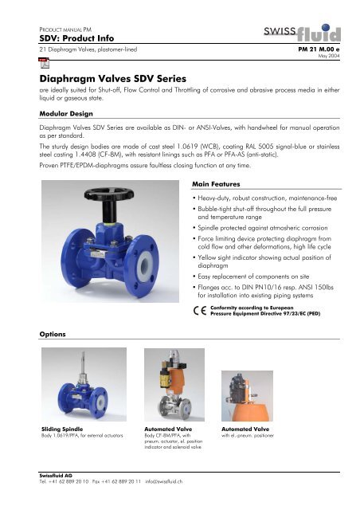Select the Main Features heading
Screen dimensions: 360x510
(x=215, y=184)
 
